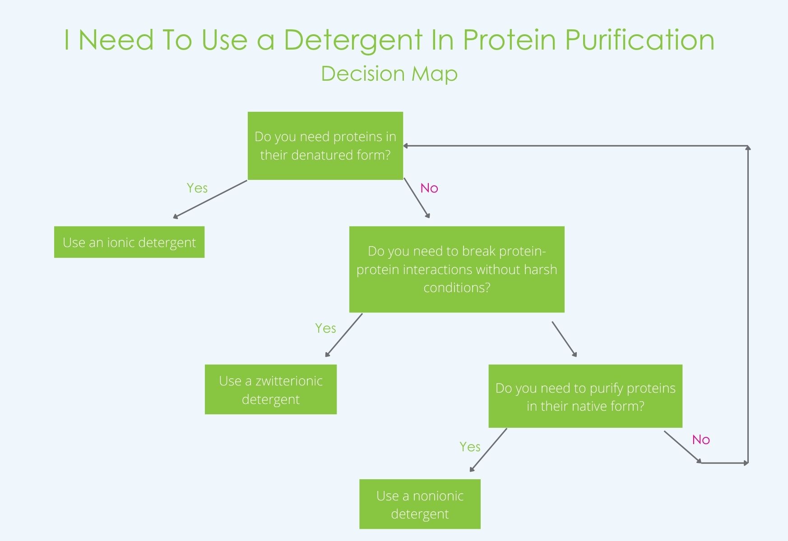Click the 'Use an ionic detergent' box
(129, 242)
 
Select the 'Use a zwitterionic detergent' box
(271, 390)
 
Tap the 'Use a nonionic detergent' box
(420, 504)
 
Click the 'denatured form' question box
(325, 146)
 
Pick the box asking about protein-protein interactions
(457, 269)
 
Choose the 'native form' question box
(585, 396)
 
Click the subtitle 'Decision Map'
(389, 73)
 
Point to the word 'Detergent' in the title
(353, 40)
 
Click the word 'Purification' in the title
(640, 40)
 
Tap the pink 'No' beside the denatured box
(429, 188)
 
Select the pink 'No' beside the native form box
(701, 440)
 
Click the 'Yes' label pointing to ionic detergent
(197, 188)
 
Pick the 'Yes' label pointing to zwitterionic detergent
(325, 328)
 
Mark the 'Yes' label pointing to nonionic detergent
(470, 447)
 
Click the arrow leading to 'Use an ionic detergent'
(210, 199)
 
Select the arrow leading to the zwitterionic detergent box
(344, 335)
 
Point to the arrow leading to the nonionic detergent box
(488, 450)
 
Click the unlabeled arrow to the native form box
(564, 339)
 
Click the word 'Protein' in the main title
(510, 40)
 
